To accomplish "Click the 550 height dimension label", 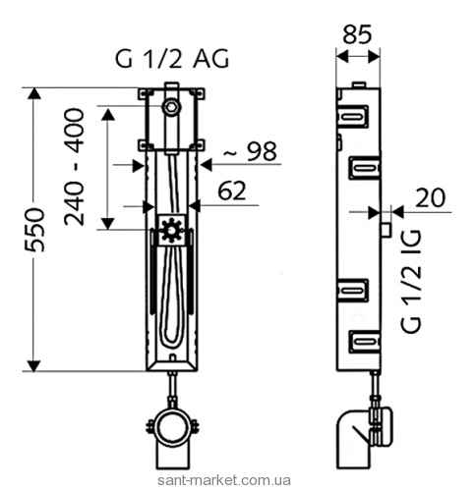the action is tap(34, 230).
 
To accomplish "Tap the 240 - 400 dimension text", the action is tap(74, 167).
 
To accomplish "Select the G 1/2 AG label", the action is tap(172, 59).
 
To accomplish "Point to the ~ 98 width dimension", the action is tap(250, 151).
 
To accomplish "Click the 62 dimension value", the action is tap(232, 191).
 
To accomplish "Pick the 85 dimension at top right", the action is tap(357, 34).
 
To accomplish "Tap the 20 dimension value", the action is tap(431, 197).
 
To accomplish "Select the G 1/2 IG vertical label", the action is tap(410, 281).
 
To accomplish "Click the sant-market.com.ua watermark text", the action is tap(224, 480).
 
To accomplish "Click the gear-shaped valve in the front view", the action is tap(171, 230).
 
